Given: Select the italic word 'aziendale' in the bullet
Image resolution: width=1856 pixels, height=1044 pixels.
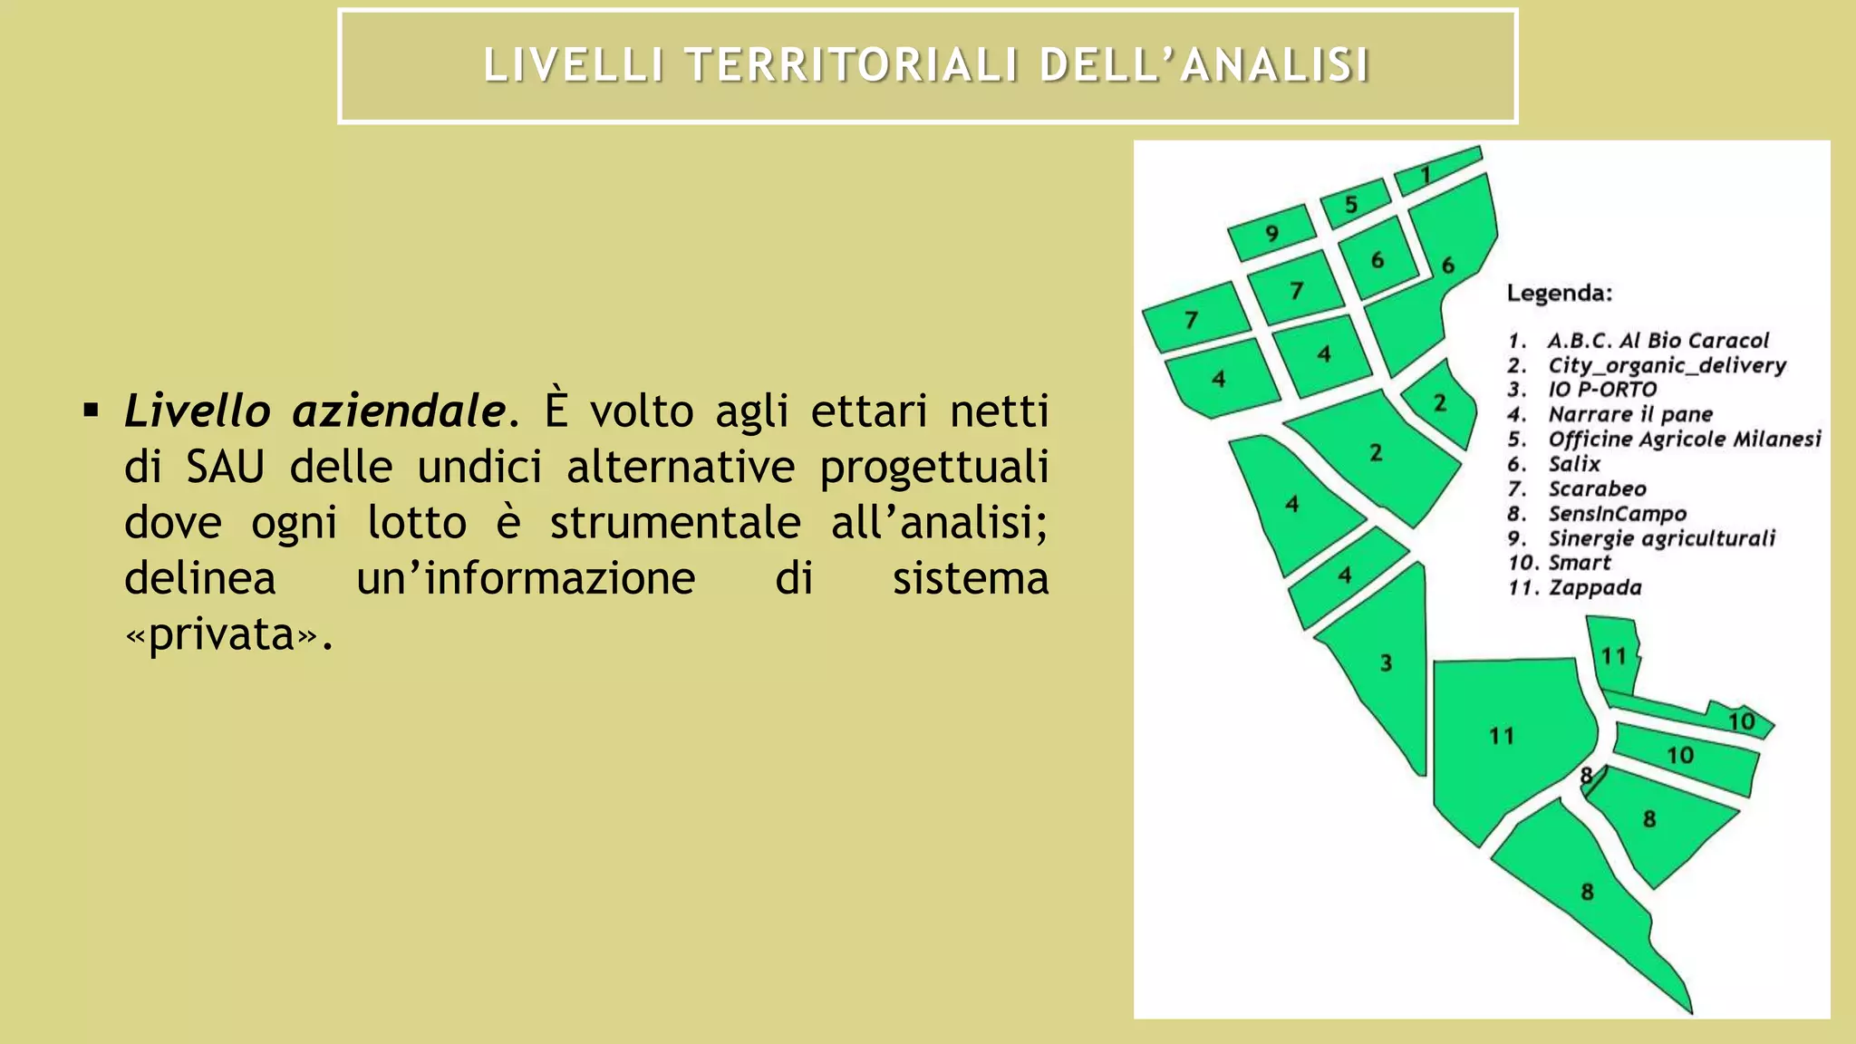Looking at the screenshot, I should click(399, 411).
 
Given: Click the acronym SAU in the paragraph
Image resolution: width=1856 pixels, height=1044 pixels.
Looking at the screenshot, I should click(226, 468).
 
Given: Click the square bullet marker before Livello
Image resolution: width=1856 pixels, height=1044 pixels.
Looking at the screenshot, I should click(91, 412).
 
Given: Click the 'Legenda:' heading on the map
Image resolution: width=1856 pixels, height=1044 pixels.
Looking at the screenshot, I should click(1559, 294).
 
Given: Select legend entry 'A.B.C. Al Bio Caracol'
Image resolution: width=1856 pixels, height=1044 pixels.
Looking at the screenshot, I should click(1658, 341).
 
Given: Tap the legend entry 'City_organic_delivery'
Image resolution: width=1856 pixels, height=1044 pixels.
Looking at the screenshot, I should click(1667, 365).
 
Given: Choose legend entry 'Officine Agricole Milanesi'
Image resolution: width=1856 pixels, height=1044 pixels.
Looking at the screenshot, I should click(1684, 440).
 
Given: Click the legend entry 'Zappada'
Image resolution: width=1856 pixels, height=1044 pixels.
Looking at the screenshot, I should click(1594, 587).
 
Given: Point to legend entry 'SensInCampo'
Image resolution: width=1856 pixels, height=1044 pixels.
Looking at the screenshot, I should click(1617, 514).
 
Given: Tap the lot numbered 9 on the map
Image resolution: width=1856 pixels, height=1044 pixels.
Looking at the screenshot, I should click(1271, 233).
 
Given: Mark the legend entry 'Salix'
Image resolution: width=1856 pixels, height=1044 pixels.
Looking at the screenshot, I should click(1574, 464).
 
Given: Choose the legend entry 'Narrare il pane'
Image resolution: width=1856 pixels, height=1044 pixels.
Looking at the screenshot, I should click(1629, 415).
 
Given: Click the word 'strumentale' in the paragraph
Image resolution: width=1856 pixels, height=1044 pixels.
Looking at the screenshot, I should click(675, 523).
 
